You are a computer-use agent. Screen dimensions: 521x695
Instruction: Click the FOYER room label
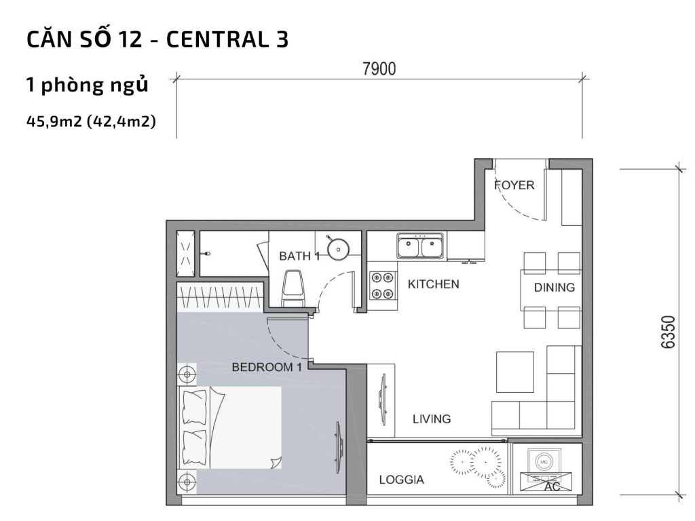pos(514,185)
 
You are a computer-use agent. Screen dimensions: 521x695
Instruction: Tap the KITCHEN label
pos(433,284)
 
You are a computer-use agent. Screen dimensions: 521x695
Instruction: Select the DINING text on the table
pos(554,287)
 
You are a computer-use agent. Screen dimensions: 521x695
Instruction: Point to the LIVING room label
pos(432,419)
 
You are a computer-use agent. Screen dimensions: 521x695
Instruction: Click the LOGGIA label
pos(402,480)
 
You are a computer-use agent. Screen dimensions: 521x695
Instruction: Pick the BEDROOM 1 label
pos(267,367)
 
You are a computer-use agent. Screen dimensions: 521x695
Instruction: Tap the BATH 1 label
pos(299,256)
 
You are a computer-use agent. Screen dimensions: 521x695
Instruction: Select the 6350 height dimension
pos(669,331)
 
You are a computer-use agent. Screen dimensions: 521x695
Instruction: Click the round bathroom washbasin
pos(337,248)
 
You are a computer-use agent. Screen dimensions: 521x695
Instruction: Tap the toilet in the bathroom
pos(293,288)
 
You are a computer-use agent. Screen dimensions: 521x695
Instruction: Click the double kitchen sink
pos(421,246)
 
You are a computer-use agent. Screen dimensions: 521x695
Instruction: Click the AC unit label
pos(552,486)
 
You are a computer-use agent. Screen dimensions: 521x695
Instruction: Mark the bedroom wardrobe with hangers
pos(220,296)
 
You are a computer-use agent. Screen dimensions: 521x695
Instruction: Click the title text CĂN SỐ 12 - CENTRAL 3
pos(157,40)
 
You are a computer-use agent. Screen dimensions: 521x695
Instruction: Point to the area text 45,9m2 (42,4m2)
pos(91,122)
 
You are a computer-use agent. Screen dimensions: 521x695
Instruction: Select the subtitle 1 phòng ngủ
pos(86,86)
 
